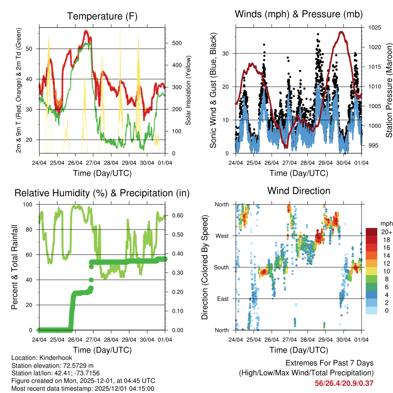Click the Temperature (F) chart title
pos(102,16)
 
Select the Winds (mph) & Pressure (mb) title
pos(299,14)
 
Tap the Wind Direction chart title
pos(299,190)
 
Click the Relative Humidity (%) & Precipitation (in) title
pos(102,193)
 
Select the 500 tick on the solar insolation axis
pos(176,43)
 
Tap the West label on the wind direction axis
pos(222,236)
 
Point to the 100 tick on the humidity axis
pos(28,205)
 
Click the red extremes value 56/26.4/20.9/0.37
pos(344,383)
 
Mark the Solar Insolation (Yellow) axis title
pos(188,91)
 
